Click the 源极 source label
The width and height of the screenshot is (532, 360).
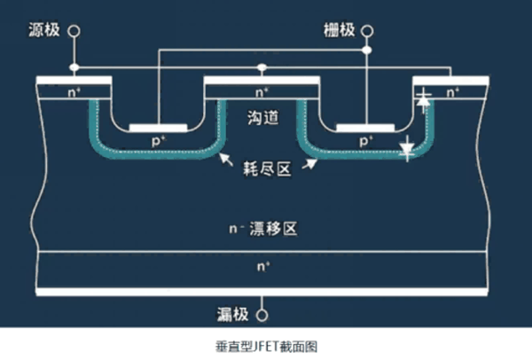[44, 30]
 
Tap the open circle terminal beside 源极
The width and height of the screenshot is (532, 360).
[74, 31]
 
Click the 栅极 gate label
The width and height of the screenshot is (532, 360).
[339, 30]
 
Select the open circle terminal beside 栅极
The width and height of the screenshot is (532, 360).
[367, 31]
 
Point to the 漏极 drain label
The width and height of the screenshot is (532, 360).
[232, 315]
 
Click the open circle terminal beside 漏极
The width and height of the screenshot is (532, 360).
[262, 315]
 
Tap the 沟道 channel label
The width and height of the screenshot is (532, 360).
[263, 117]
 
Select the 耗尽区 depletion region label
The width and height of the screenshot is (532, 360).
[267, 169]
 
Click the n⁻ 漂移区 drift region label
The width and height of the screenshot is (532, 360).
[263, 229]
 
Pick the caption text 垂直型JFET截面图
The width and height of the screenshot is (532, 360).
[266, 347]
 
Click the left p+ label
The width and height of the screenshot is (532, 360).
[158, 140]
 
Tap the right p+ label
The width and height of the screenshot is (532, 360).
[365, 140]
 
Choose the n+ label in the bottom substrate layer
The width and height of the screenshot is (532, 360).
[263, 266]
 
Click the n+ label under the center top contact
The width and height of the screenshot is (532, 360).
[262, 92]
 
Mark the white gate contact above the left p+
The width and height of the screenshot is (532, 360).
[158, 128]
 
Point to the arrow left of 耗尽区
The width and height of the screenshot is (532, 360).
[226, 160]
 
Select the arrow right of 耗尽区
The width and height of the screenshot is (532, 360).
[309, 164]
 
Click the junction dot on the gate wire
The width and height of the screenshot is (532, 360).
[367, 51]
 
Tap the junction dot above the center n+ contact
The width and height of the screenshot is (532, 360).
[262, 67]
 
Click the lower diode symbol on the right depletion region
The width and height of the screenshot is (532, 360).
[407, 148]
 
